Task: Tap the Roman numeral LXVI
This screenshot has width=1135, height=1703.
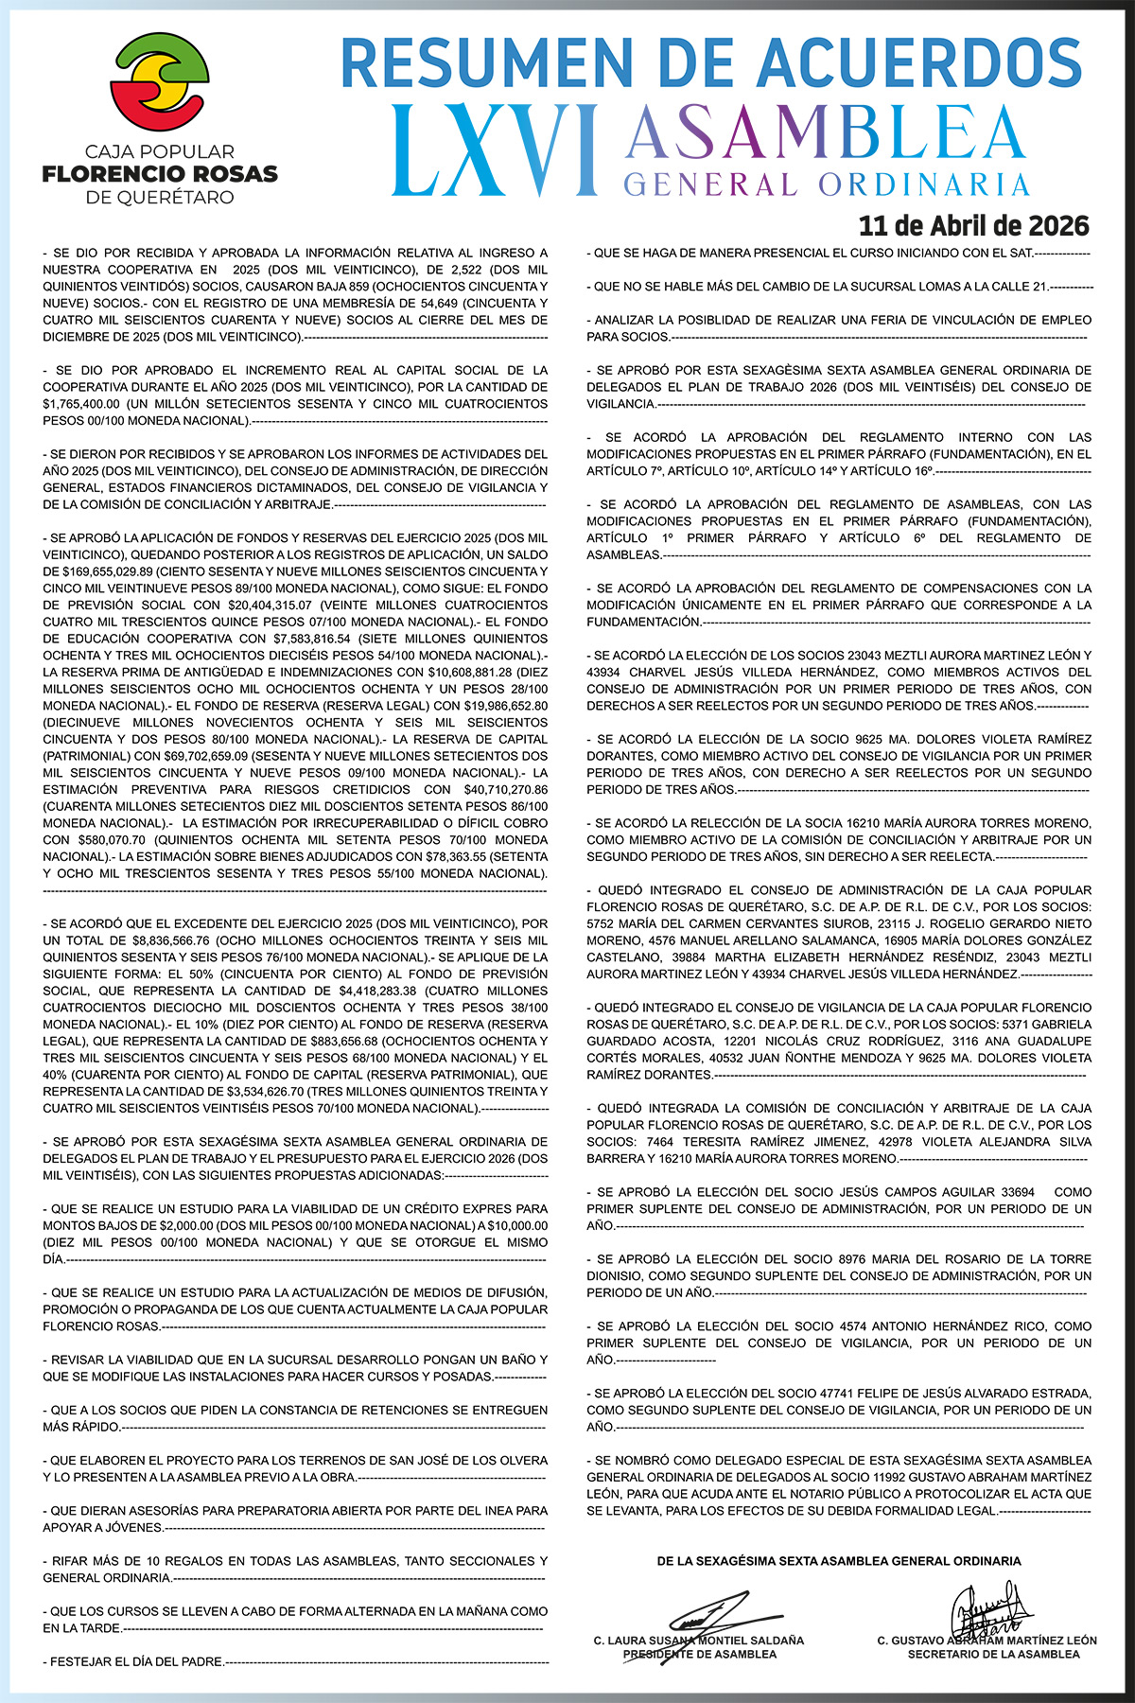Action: (495, 149)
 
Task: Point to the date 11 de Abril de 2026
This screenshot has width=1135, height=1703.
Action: (973, 226)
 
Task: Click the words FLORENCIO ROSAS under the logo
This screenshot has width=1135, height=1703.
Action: (160, 174)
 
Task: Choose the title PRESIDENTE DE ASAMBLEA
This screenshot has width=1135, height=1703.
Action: (699, 1654)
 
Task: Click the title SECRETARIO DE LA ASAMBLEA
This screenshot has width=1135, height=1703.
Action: (993, 1654)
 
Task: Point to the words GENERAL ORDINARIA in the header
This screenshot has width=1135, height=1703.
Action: (827, 183)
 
